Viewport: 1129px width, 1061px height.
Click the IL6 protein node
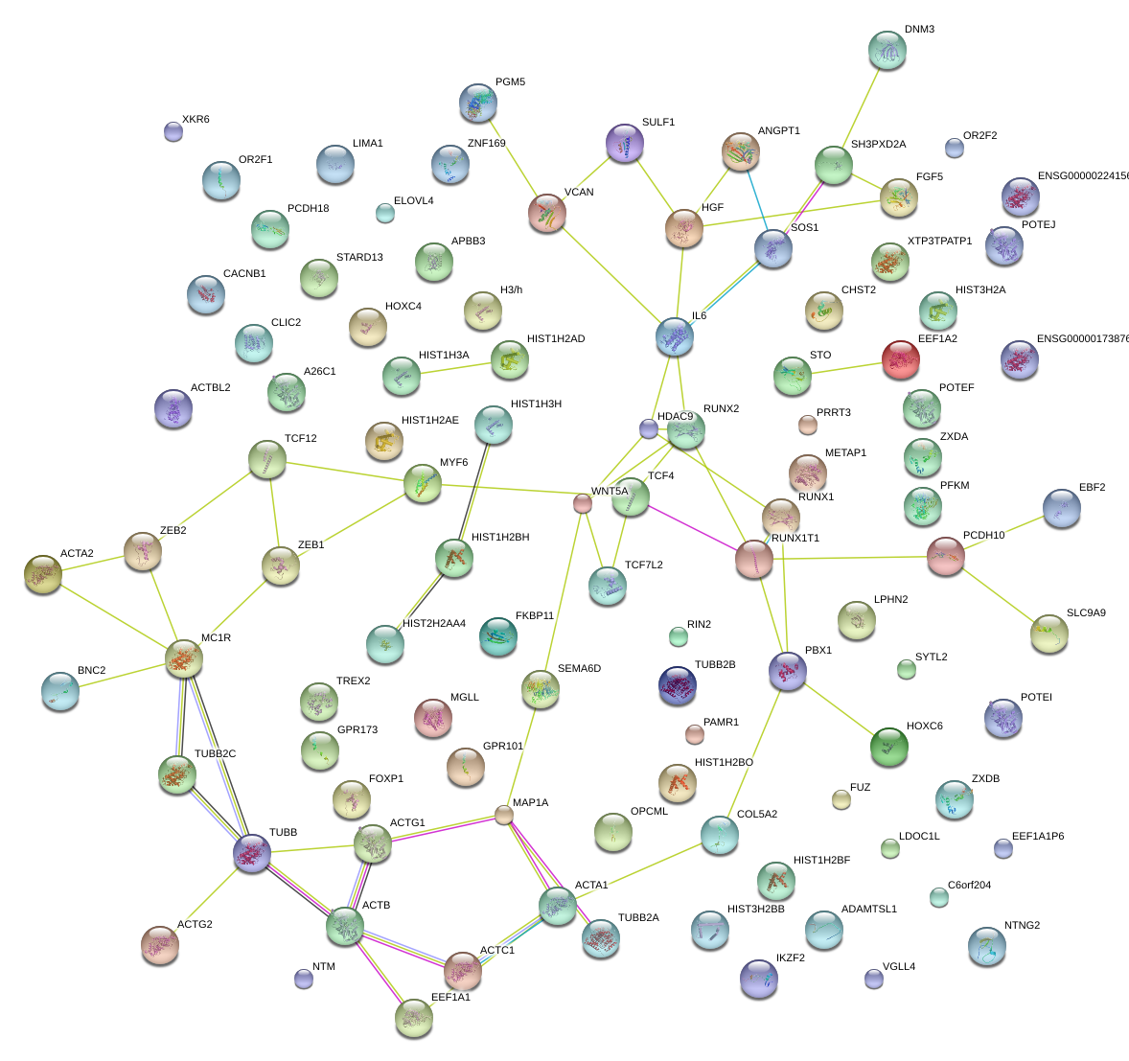pos(675,336)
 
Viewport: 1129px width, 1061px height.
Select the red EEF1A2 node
pos(900,359)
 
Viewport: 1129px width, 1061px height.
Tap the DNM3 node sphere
pos(887,50)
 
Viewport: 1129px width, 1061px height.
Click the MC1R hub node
pos(184,657)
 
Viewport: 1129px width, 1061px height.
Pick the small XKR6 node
pos(173,130)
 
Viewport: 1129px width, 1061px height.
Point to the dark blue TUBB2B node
pos(678,684)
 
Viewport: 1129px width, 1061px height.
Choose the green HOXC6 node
pos(888,746)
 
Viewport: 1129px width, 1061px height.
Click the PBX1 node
pos(787,670)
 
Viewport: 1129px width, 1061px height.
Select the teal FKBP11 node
pos(497,635)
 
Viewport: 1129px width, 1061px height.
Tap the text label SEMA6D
pos(579,668)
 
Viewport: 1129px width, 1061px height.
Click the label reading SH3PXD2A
pos(878,145)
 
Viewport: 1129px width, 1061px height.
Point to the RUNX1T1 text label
pos(795,538)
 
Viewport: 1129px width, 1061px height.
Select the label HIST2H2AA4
pos(434,624)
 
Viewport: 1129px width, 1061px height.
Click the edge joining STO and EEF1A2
pos(846,368)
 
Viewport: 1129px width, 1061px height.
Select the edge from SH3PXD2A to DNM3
pos(861,107)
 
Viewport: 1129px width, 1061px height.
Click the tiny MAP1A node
pos(504,815)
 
